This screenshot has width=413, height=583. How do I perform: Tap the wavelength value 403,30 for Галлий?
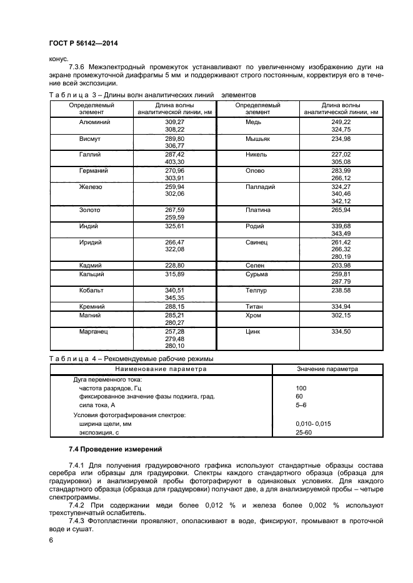click(174, 161)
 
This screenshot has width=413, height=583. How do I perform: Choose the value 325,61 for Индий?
click(174, 226)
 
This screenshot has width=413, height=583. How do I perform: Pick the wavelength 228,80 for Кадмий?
click(174, 265)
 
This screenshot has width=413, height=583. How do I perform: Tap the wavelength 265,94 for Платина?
click(341, 210)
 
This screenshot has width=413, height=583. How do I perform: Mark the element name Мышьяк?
click(256, 138)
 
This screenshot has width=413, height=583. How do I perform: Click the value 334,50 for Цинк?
click(341, 332)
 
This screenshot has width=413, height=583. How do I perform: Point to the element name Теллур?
click(256, 291)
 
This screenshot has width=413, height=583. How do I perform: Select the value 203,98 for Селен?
click(341, 265)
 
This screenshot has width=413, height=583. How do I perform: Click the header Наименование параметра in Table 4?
click(161, 369)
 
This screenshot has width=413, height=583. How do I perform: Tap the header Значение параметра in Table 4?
click(327, 369)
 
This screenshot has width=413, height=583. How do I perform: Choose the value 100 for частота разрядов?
click(301, 387)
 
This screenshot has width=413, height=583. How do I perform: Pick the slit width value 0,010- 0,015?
click(314, 423)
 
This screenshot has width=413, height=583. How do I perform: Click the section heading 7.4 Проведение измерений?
click(114, 448)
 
